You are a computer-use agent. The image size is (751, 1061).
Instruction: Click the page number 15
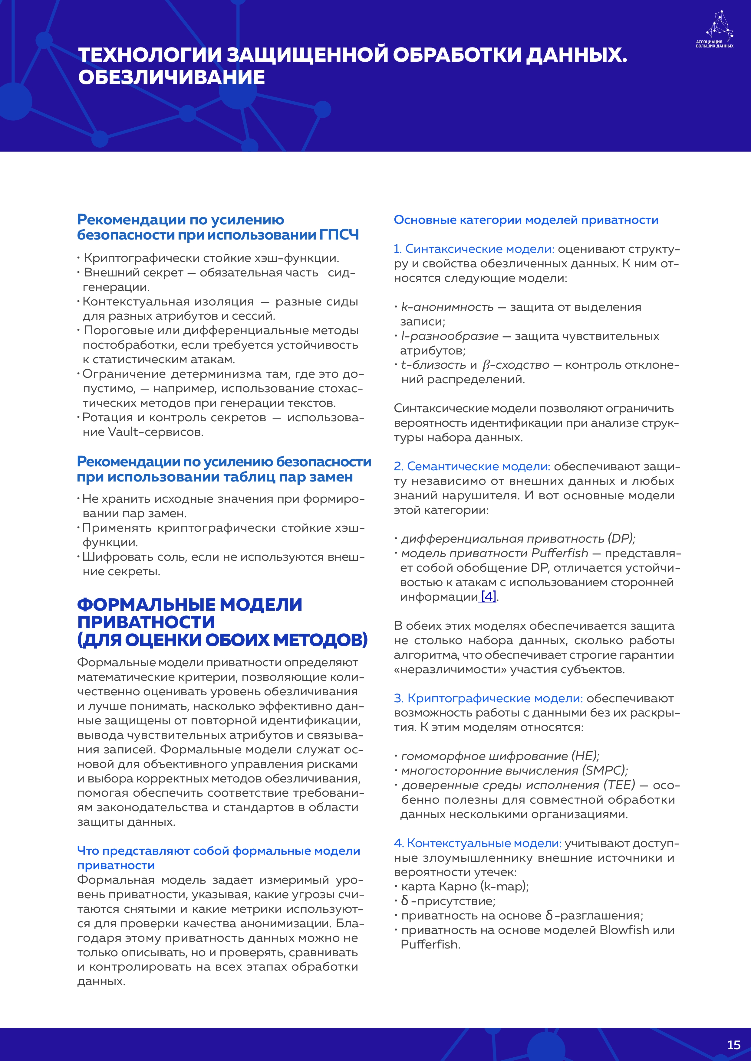733,1045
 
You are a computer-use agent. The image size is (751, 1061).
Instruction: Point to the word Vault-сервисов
155,432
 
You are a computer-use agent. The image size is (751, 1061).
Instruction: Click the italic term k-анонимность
447,307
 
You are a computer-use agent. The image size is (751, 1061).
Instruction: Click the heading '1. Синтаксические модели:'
473,249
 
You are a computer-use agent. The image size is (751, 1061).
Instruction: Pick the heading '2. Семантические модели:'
472,466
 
